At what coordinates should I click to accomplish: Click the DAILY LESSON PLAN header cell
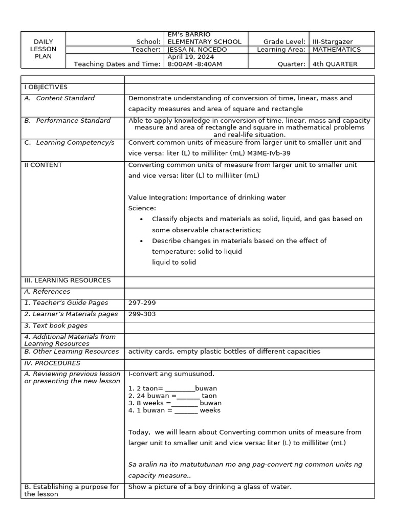coord(43,49)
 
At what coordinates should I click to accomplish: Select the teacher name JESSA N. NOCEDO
coord(198,50)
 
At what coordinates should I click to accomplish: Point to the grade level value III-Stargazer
coord(333,41)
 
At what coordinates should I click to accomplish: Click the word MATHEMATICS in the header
coord(336,50)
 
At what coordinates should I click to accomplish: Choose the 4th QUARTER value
coord(335,64)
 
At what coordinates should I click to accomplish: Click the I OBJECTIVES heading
coord(46,87)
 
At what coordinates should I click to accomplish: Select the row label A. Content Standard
coord(59,98)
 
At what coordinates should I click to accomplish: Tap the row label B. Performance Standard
coord(67,121)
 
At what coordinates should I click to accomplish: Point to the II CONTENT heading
coord(43,165)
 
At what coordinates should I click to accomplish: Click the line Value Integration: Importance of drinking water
coord(207,198)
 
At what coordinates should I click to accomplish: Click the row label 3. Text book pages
coord(56,325)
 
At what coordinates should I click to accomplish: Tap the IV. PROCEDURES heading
coord(52,363)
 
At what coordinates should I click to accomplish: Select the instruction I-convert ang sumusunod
coord(171,374)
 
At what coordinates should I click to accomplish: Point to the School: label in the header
coord(148,41)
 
